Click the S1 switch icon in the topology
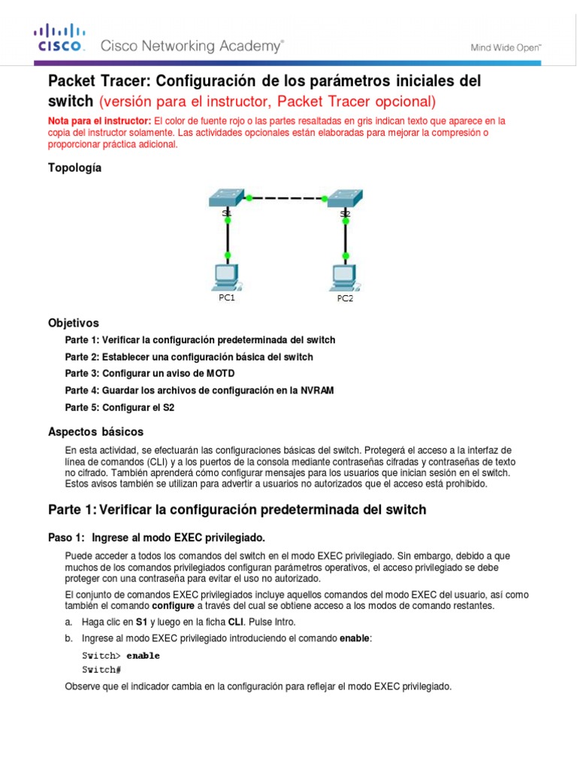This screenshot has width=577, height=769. point(226,198)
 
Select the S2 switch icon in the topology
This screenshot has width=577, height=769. point(344,198)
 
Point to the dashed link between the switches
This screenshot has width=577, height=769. point(285,199)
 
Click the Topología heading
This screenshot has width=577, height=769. point(74,168)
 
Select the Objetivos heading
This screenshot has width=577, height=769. point(74,323)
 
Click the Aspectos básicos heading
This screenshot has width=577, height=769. point(95,432)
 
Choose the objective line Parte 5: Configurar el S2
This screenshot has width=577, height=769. point(124,408)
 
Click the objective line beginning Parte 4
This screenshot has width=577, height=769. point(199,391)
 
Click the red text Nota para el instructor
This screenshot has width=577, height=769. point(99,121)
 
